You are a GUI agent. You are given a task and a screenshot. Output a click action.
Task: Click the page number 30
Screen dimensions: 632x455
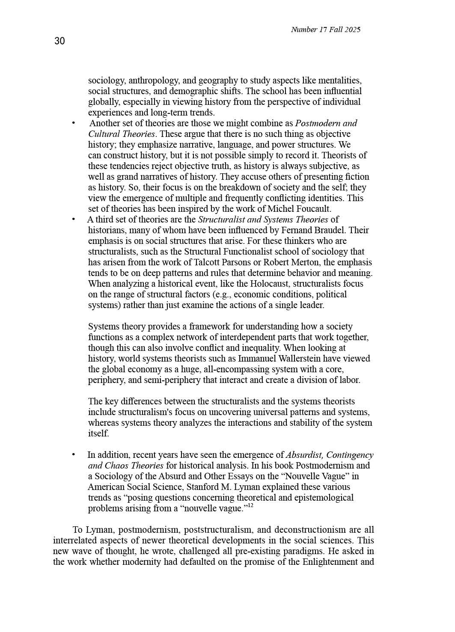tap(59, 41)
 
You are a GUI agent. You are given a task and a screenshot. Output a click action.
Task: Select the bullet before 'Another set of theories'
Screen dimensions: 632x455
tap(74, 123)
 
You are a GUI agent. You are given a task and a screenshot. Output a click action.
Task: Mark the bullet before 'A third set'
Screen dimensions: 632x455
tap(74, 220)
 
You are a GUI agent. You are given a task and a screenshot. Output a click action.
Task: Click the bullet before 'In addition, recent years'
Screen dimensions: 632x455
tap(74, 455)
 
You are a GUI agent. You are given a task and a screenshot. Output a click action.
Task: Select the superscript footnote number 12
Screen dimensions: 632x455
tap(250, 505)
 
